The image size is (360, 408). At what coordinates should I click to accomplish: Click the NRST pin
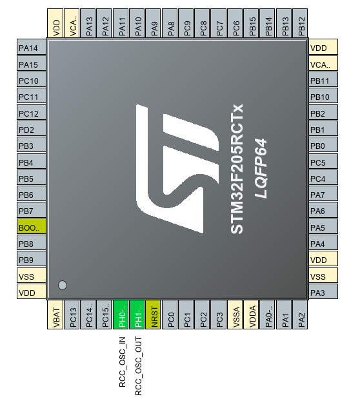click(x=153, y=315)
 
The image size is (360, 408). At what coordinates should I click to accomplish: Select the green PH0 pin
click(x=121, y=315)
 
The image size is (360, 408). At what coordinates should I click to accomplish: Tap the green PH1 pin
click(x=137, y=315)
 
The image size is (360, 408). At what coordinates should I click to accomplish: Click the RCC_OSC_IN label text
click(x=122, y=362)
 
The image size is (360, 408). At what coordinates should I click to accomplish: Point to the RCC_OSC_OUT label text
click(x=138, y=366)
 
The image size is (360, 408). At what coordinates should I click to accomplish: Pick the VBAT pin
click(x=55, y=315)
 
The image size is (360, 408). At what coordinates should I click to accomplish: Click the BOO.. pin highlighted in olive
click(x=32, y=226)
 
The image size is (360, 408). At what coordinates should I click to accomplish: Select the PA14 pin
click(x=32, y=47)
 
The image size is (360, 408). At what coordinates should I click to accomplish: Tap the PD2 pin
click(x=32, y=128)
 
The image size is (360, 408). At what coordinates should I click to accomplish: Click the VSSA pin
click(x=235, y=315)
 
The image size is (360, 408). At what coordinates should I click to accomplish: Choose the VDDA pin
click(x=251, y=315)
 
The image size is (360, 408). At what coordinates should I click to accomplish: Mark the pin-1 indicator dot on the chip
click(x=63, y=285)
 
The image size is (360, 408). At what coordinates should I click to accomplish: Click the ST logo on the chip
click(x=177, y=169)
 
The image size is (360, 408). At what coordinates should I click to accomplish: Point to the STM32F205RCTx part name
click(x=237, y=169)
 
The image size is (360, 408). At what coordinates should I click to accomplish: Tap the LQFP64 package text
click(x=261, y=169)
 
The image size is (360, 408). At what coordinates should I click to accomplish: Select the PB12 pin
click(x=300, y=23)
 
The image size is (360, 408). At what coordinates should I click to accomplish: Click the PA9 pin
click(x=153, y=23)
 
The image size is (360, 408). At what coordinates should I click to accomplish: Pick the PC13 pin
click(x=72, y=315)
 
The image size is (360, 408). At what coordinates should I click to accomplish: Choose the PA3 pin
click(x=323, y=291)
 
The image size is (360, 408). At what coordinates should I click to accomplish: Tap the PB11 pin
click(x=323, y=79)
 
